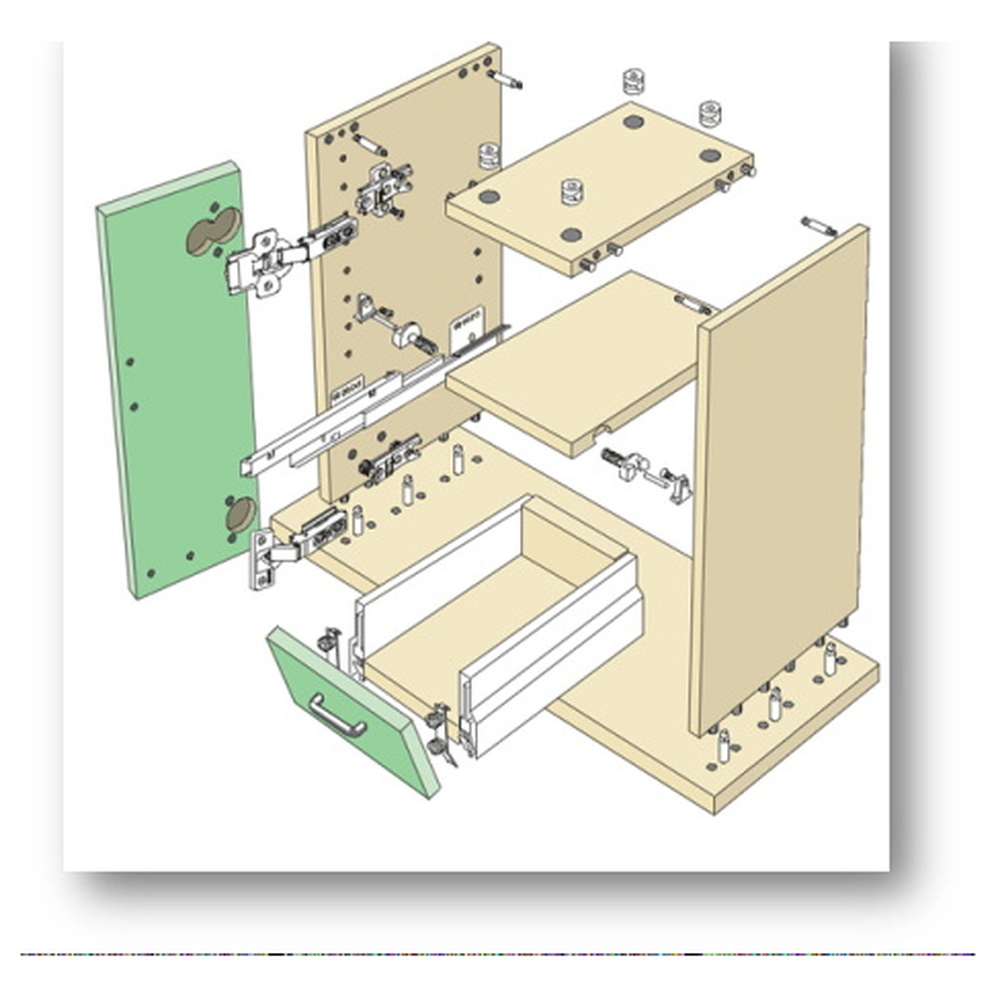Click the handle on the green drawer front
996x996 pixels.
(337, 715)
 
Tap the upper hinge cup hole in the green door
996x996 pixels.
(213, 231)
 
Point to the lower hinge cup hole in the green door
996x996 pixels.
(240, 514)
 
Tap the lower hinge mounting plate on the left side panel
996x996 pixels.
(388, 459)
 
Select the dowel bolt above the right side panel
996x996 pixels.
(819, 225)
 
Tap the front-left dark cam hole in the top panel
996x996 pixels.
(571, 235)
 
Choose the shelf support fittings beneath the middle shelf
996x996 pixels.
(647, 472)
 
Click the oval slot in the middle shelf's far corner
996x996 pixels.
(694, 304)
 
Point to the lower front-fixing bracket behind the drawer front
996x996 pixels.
(438, 732)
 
